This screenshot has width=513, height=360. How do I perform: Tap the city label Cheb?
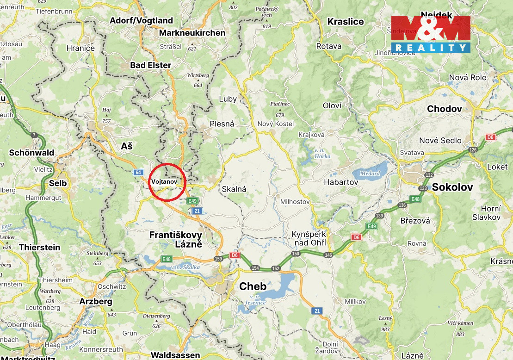click(x=253, y=286)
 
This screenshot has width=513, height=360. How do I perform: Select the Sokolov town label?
click(x=452, y=187)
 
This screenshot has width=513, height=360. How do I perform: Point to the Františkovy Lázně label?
click(x=175, y=240)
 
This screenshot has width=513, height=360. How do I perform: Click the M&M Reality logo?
click(x=431, y=34)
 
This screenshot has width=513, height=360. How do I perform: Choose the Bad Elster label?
click(x=150, y=65)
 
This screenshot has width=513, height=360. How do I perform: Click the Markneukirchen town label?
click(x=192, y=33)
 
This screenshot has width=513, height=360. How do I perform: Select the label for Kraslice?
click(x=346, y=22)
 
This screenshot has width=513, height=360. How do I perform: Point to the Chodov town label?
click(x=444, y=109)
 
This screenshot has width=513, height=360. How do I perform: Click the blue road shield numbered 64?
click(x=138, y=173)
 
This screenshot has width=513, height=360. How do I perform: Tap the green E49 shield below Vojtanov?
click(x=192, y=201)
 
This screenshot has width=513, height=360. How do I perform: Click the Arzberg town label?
click(x=96, y=302)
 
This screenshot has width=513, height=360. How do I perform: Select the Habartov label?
click(x=341, y=182)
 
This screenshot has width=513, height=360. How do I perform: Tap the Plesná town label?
click(x=222, y=124)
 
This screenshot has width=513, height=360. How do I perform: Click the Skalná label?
click(x=234, y=189)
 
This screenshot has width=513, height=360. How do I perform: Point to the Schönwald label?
click(x=31, y=153)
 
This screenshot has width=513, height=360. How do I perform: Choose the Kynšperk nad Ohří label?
click(x=309, y=238)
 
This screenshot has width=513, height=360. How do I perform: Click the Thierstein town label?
click(x=39, y=248)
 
